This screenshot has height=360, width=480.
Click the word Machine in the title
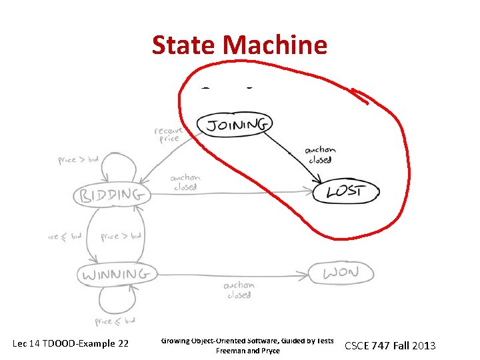pyautogui.click(x=276, y=45)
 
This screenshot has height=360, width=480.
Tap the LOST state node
pyautogui.click(x=345, y=192)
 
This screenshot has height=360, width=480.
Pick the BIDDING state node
pyautogui.click(x=111, y=195)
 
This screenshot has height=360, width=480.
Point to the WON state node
pyautogui.click(x=341, y=273)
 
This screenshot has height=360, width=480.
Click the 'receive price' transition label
pyautogui.click(x=168, y=135)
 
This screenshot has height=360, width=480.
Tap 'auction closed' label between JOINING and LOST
pyautogui.click(x=320, y=155)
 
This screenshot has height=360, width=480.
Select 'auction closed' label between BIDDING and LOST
pyautogui.click(x=185, y=182)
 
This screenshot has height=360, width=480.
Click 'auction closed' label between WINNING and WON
pyautogui.click(x=239, y=290)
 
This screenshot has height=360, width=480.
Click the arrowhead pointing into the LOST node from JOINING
pyautogui.click(x=319, y=182)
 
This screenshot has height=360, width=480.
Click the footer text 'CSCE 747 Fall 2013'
pyautogui.click(x=389, y=345)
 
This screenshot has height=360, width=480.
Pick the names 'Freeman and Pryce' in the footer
pyautogui.click(x=248, y=351)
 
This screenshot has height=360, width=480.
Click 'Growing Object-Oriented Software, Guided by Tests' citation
pyautogui.click(x=247, y=341)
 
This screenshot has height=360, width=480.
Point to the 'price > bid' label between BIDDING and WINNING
pyautogui.click(x=121, y=236)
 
